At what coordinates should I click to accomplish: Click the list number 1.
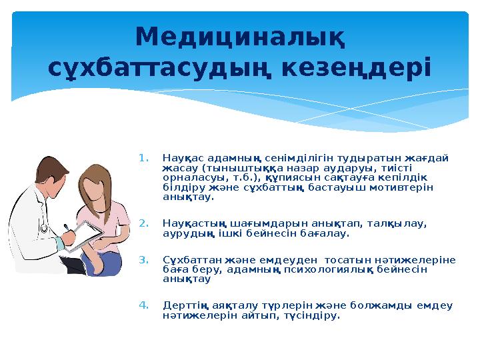click(142, 159)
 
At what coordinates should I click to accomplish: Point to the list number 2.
click(142, 223)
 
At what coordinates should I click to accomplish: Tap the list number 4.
click(142, 306)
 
